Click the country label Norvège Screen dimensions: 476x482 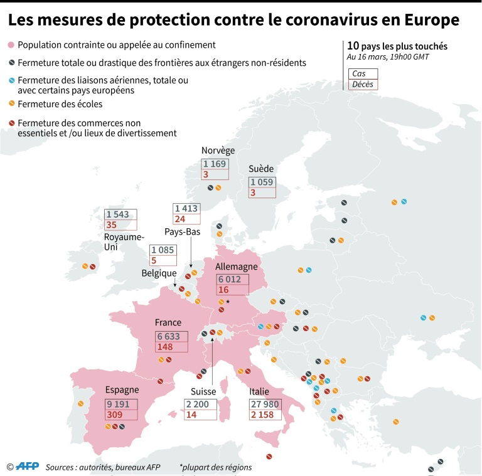[218, 151]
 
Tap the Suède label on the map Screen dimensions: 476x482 [261, 169]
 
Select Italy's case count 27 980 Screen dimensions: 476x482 [265, 404]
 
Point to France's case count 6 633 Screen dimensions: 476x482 [168, 336]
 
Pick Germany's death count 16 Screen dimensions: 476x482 [223, 290]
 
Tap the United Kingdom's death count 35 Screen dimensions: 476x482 [112, 225]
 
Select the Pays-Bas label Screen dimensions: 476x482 [183, 231]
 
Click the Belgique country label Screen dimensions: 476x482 [159, 273]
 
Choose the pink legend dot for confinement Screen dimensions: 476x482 [11, 45]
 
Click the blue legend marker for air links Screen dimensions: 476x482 [11, 80]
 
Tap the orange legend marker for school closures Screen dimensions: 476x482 [11, 103]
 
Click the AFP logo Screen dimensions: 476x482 [27, 466]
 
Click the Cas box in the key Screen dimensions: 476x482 [362, 73]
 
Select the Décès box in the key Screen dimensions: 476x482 [362, 84]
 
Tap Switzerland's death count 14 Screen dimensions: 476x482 [191, 415]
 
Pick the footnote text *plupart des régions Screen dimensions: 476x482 [215, 467]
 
